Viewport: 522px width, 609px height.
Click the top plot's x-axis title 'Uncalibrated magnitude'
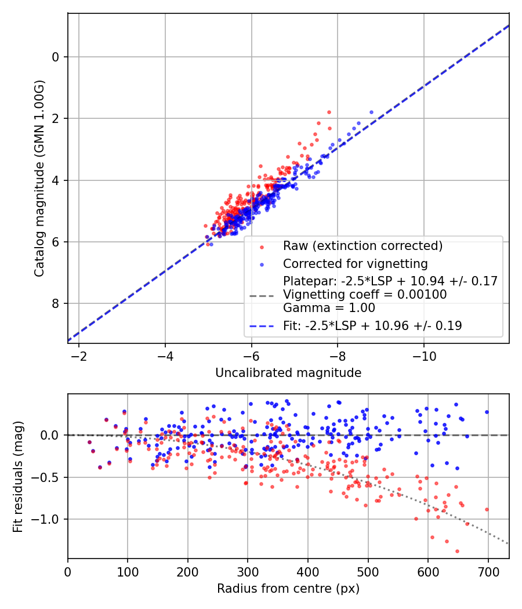(288, 373)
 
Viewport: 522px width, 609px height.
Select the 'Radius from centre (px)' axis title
(288, 589)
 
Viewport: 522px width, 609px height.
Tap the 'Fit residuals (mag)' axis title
(18, 477)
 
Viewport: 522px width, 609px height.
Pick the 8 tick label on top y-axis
(56, 303)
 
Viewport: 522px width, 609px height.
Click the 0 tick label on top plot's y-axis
(56, 57)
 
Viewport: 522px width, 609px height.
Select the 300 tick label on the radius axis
(248, 571)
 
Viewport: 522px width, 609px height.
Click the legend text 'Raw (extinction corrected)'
(362, 245)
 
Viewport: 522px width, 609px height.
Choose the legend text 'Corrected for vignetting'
(355, 264)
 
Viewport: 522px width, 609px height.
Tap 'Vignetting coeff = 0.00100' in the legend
(365, 295)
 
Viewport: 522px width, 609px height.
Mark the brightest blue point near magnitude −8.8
(371, 112)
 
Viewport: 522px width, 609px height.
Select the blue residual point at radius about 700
(487, 412)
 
